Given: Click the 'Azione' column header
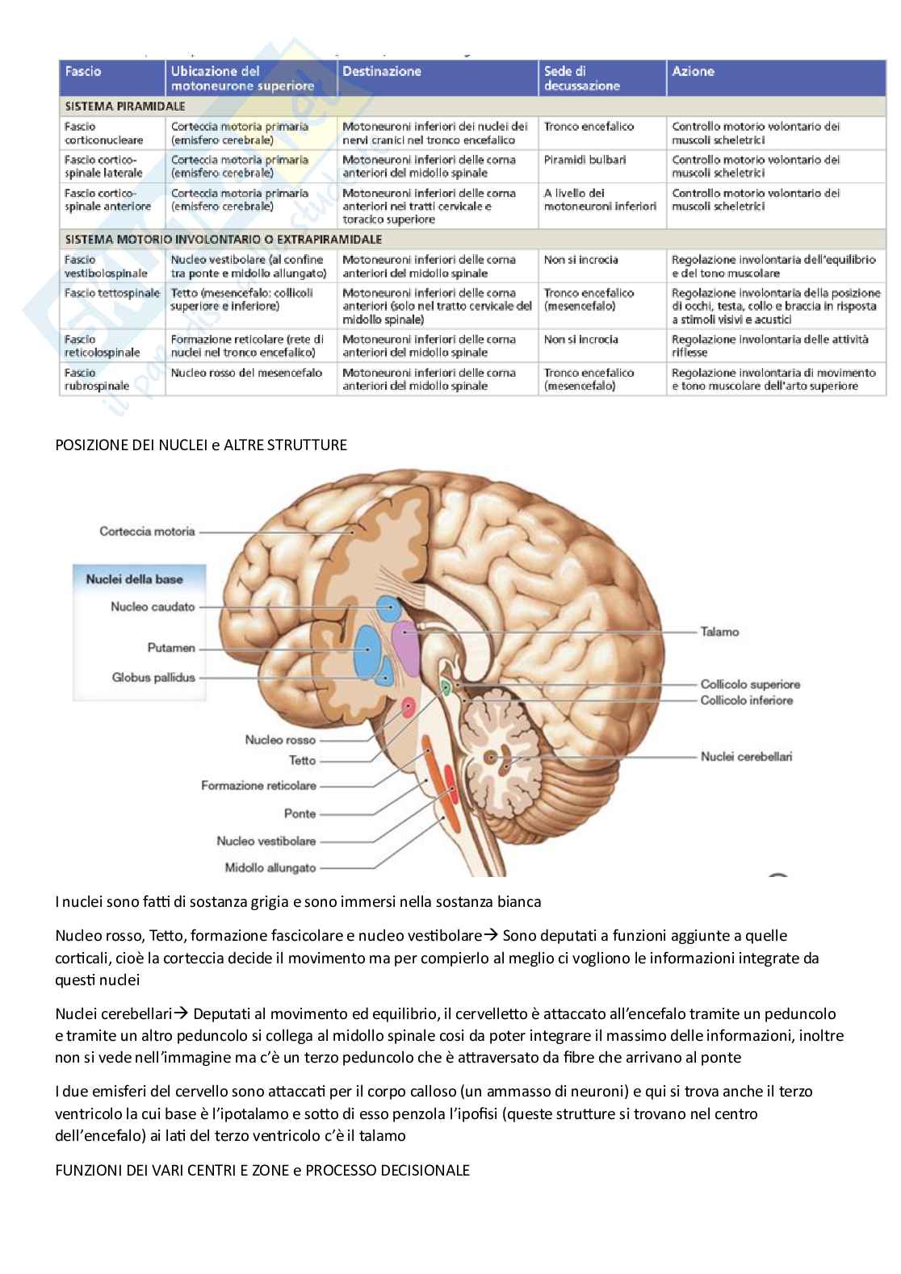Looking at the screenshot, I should [693, 72].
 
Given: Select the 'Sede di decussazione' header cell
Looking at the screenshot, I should [581, 78].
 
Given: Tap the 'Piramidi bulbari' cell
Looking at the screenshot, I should [585, 160].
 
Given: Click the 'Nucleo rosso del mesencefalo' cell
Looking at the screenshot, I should [246, 373].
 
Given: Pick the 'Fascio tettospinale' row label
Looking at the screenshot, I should [111, 293].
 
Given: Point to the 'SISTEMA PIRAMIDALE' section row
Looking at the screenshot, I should [125, 107].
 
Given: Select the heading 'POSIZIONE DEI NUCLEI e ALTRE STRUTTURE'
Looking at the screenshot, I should [201, 445].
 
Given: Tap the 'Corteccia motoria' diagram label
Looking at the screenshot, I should [147, 531].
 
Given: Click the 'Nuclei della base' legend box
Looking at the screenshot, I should [134, 579].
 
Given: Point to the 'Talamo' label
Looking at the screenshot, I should [719, 632].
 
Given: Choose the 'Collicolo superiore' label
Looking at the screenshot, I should [750, 684].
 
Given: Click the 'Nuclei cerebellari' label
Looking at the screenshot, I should [746, 756].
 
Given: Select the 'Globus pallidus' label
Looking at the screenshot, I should [153, 677].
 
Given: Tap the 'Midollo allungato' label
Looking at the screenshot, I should [270, 868].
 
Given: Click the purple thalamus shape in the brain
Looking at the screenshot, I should [406, 649].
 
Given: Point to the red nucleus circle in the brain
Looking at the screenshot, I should [409, 708].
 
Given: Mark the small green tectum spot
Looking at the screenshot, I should [445, 687].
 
